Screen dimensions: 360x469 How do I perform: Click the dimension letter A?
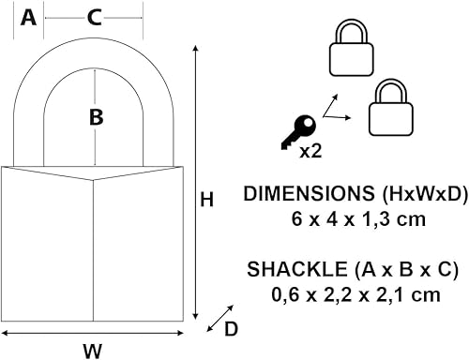point(28,17)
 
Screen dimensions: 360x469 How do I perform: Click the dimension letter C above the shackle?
point(94,17)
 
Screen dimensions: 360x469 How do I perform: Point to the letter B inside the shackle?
point(95,117)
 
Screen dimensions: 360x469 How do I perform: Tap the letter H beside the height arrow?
point(207,199)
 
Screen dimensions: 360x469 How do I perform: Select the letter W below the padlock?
point(92,351)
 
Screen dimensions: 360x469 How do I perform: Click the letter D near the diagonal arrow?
point(231,328)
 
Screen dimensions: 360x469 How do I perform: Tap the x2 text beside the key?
point(313,149)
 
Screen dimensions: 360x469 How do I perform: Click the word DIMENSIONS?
point(303,195)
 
